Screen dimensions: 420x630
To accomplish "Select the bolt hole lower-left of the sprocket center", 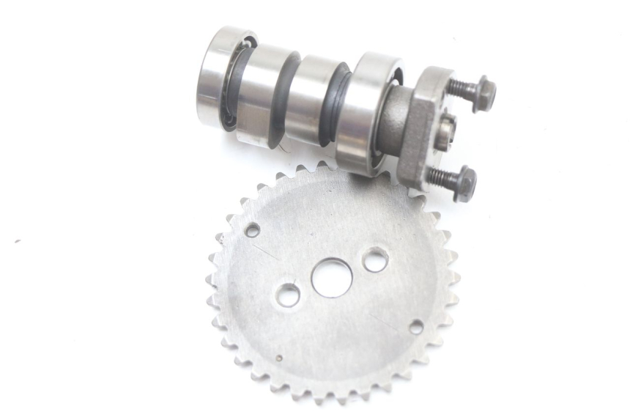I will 287,295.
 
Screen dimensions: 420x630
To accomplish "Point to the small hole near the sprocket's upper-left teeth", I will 252,230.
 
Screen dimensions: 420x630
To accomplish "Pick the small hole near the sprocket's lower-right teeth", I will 416,327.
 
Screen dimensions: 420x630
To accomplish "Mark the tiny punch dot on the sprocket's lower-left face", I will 279,358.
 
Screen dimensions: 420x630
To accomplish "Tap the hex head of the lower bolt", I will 464,183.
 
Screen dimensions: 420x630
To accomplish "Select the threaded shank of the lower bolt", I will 440,176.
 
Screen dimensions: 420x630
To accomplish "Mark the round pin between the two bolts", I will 448,133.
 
